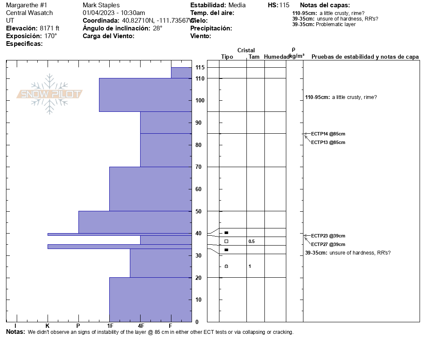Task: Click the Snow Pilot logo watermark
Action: [x=50, y=94]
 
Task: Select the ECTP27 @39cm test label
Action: [x=328, y=244]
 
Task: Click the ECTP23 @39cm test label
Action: [x=328, y=236]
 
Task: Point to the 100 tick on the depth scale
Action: [x=200, y=101]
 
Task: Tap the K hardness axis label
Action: [x=48, y=326]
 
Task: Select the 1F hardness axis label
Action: [x=110, y=326]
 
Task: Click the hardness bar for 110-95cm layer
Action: [x=145, y=95]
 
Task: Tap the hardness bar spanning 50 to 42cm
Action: [x=135, y=222]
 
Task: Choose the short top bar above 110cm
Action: [x=181, y=73]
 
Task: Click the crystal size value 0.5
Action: [x=252, y=241]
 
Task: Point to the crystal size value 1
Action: [x=250, y=267]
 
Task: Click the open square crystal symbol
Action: [x=226, y=241]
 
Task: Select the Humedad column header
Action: [x=276, y=57]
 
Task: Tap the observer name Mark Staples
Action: [x=101, y=5]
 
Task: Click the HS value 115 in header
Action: [x=284, y=5]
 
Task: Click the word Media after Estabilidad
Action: [x=237, y=5]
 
